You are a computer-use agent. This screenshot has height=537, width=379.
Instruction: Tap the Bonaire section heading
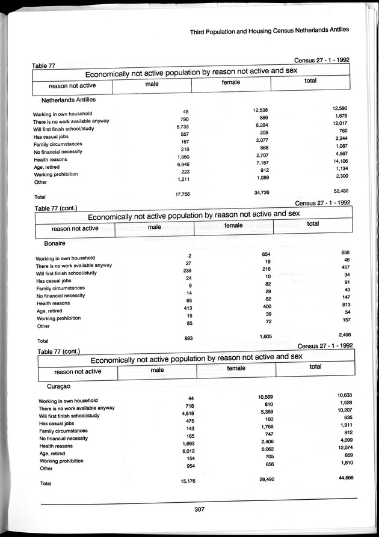point(56,244)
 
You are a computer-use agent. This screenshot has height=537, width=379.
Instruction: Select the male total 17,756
point(182,194)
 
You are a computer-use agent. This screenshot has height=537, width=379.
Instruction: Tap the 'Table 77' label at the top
point(43,66)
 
